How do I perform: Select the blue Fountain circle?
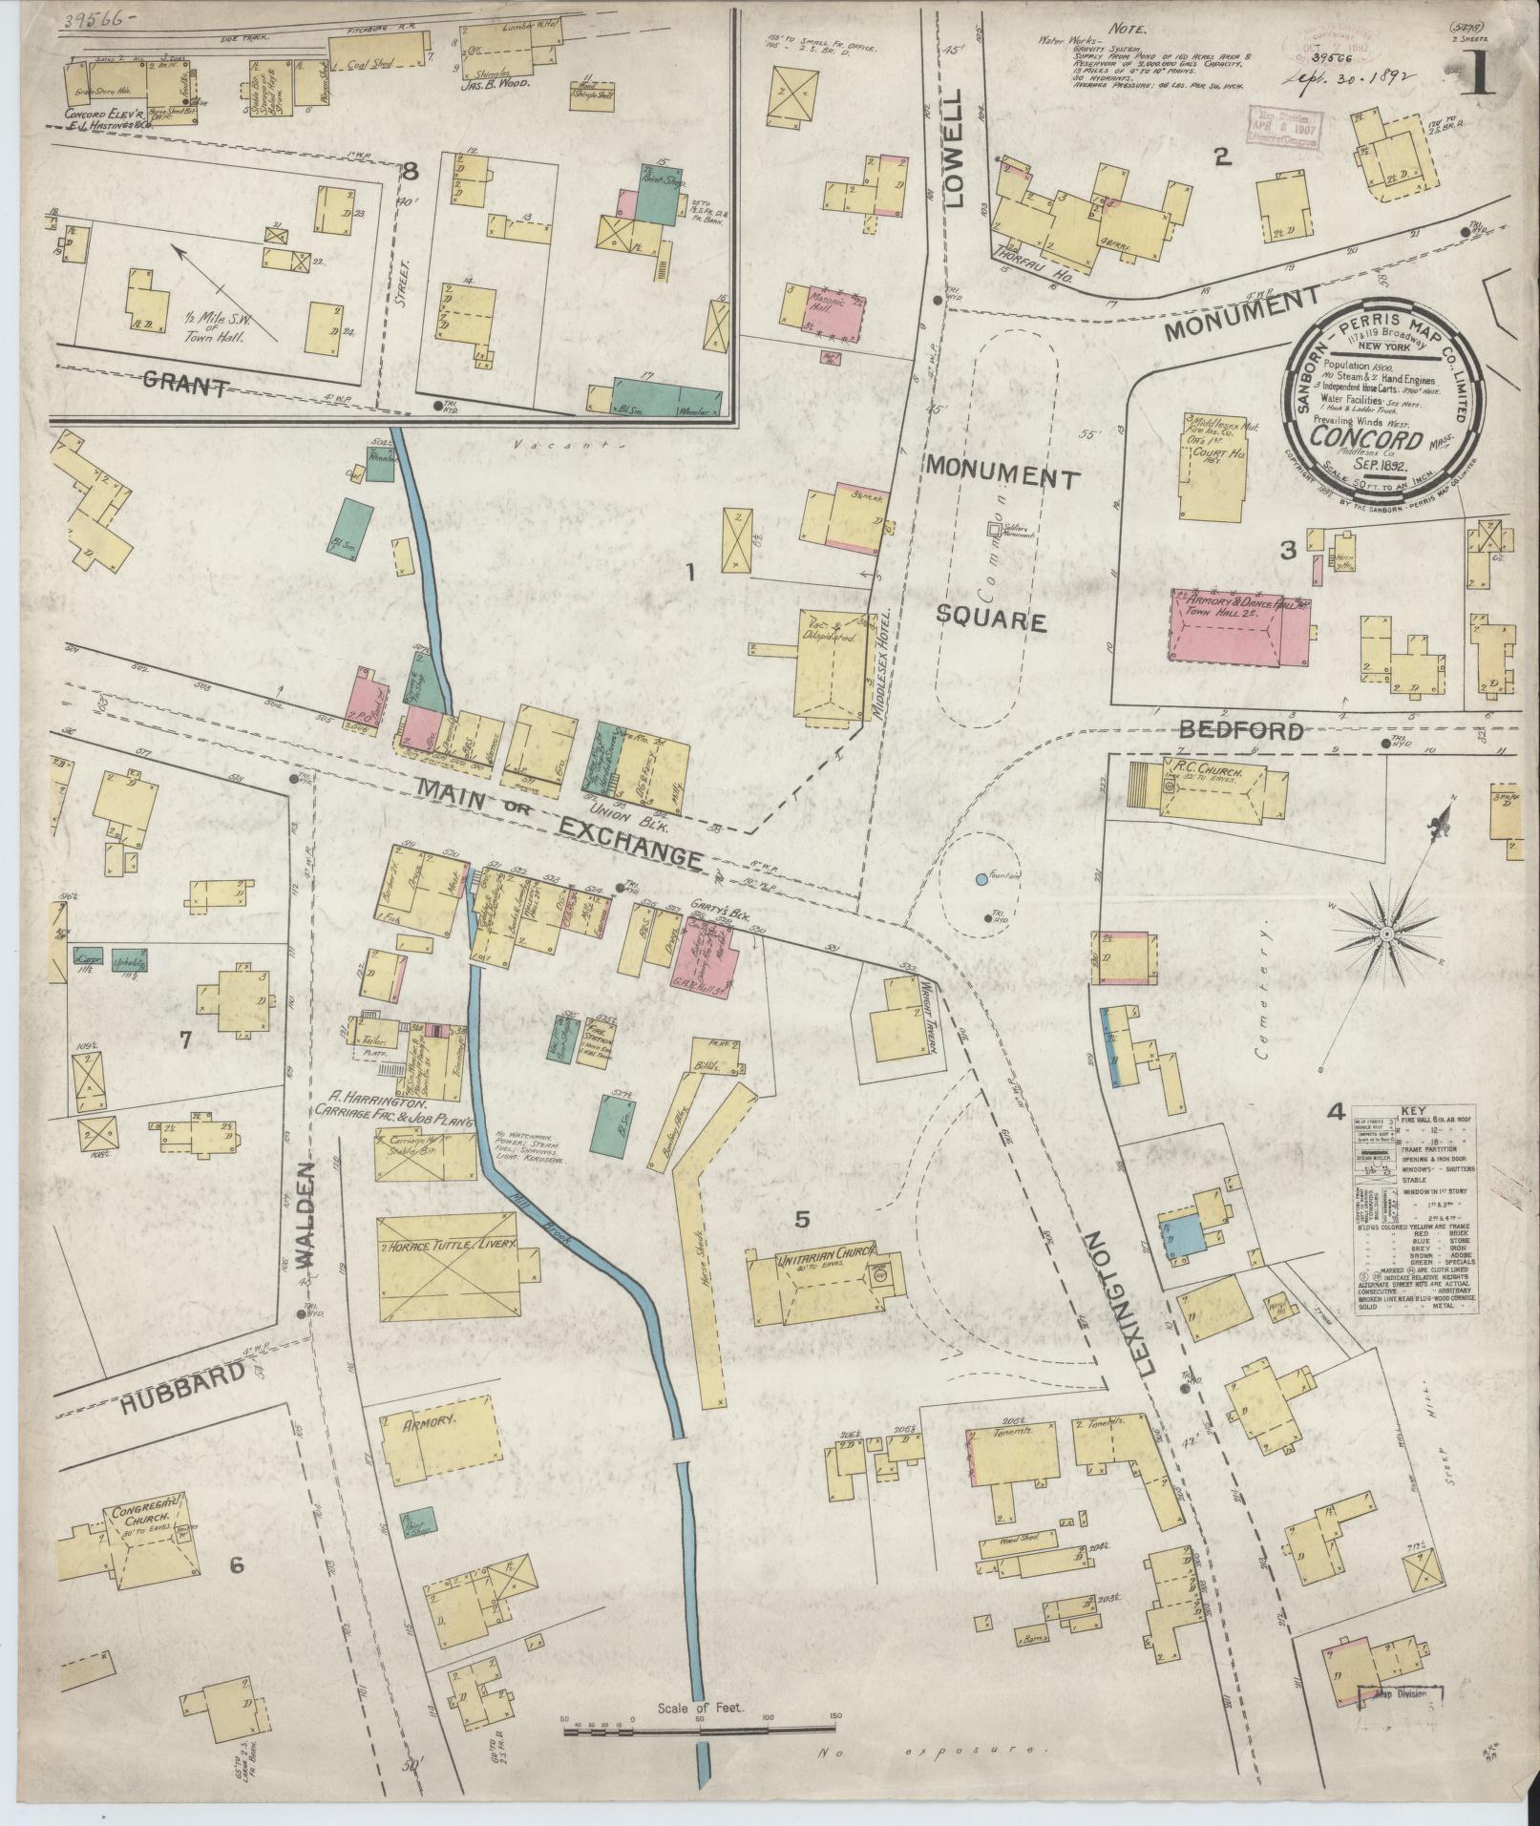(x=981, y=878)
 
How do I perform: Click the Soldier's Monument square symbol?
(x=994, y=527)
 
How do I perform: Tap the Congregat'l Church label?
(x=141, y=1516)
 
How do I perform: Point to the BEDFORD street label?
(x=1240, y=730)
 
